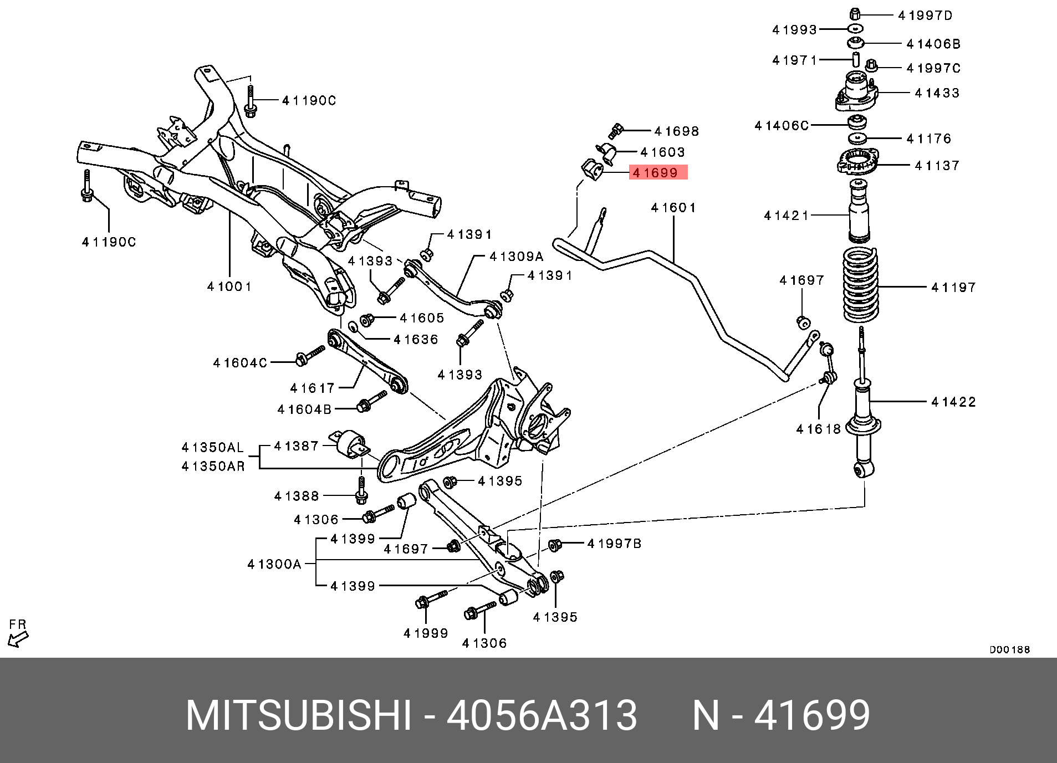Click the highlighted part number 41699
click(x=657, y=173)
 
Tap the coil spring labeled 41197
click(x=860, y=286)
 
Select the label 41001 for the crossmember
click(x=229, y=287)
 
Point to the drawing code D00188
click(x=1009, y=649)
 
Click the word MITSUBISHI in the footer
click(x=299, y=715)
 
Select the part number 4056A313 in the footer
click(x=542, y=715)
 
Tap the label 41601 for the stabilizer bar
click(x=673, y=208)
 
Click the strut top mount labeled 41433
click(x=856, y=93)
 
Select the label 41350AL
click(x=213, y=448)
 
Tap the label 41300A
click(x=274, y=565)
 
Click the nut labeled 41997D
click(x=855, y=14)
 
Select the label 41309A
click(x=517, y=257)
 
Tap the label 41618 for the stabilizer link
click(x=818, y=429)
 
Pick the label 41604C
click(x=240, y=363)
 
